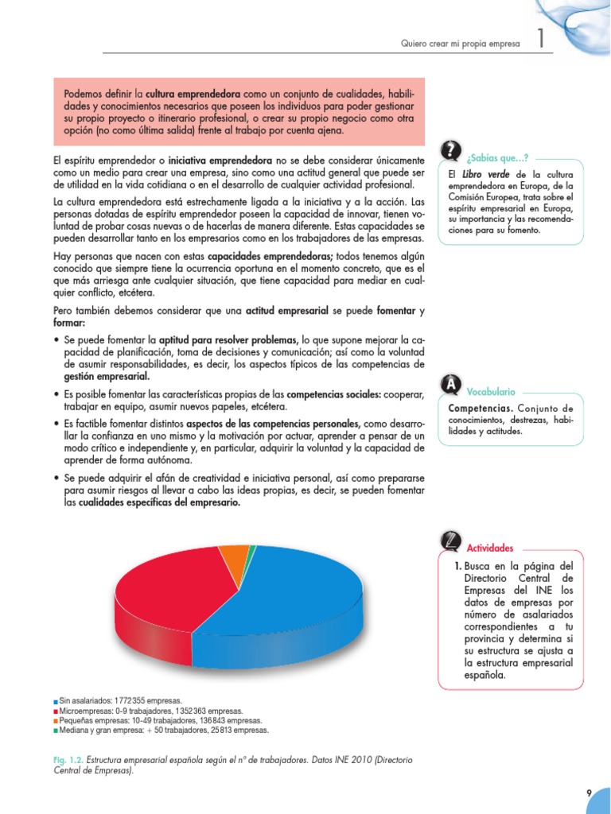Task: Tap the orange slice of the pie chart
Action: pyautogui.click(x=233, y=560)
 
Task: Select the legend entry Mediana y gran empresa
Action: pyautogui.click(x=163, y=730)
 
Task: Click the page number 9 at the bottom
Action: pyautogui.click(x=588, y=793)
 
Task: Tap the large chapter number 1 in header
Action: pyautogui.click(x=540, y=41)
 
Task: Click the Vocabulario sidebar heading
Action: pyautogui.click(x=490, y=392)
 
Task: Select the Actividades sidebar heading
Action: pyautogui.click(x=489, y=548)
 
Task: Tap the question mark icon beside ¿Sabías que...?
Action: pyautogui.click(x=450, y=150)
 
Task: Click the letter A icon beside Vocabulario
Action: pyautogui.click(x=450, y=386)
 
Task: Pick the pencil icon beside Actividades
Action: pyautogui.click(x=450, y=541)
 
